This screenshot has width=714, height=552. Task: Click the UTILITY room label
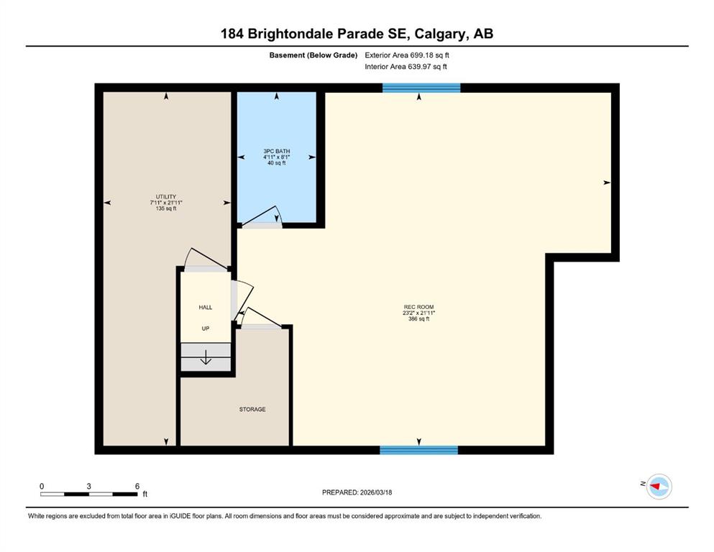166,197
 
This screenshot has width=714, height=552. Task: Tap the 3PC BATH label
276,151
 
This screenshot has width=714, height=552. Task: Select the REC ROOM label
419,307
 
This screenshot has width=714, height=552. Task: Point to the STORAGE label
252,409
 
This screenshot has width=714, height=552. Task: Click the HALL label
206,307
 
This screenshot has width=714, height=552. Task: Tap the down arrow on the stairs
206,357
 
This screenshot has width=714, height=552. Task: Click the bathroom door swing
262,216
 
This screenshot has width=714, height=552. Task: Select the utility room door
206,259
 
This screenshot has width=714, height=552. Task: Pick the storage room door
261,317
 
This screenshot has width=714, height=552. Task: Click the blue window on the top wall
421,88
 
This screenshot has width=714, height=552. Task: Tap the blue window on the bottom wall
419,450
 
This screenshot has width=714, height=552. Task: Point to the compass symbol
659,487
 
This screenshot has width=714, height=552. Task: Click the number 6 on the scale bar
137,486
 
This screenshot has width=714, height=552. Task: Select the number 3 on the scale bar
88,486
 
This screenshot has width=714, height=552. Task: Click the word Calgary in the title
440,34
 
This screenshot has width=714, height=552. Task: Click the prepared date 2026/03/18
375,492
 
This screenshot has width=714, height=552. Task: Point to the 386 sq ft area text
419,319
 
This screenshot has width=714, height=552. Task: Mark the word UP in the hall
206,328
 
